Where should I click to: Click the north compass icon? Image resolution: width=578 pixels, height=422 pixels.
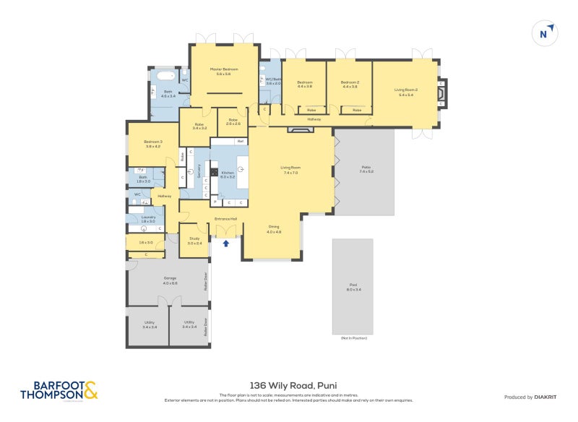[545, 33]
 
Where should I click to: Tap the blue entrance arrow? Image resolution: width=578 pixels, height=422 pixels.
[226, 244]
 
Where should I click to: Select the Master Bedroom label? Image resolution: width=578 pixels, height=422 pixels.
[223, 72]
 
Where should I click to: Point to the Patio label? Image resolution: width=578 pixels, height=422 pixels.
[366, 169]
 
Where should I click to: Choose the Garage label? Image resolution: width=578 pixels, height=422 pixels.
[170, 280]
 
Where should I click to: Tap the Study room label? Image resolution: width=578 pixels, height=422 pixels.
[194, 240]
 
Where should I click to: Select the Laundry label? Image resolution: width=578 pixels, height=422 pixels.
[148, 218]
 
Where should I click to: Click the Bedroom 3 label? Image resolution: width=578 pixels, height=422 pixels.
[152, 143]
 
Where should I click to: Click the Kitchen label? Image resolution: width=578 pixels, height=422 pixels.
[228, 174]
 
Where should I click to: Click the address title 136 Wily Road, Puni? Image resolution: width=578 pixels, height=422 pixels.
[289, 385]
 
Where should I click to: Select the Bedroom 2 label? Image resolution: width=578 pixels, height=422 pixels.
[350, 84]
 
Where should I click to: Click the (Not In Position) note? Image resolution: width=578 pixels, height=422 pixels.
[354, 338]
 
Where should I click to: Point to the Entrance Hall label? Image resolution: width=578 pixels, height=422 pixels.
[226, 218]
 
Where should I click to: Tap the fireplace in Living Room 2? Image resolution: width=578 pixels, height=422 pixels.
[441, 92]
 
